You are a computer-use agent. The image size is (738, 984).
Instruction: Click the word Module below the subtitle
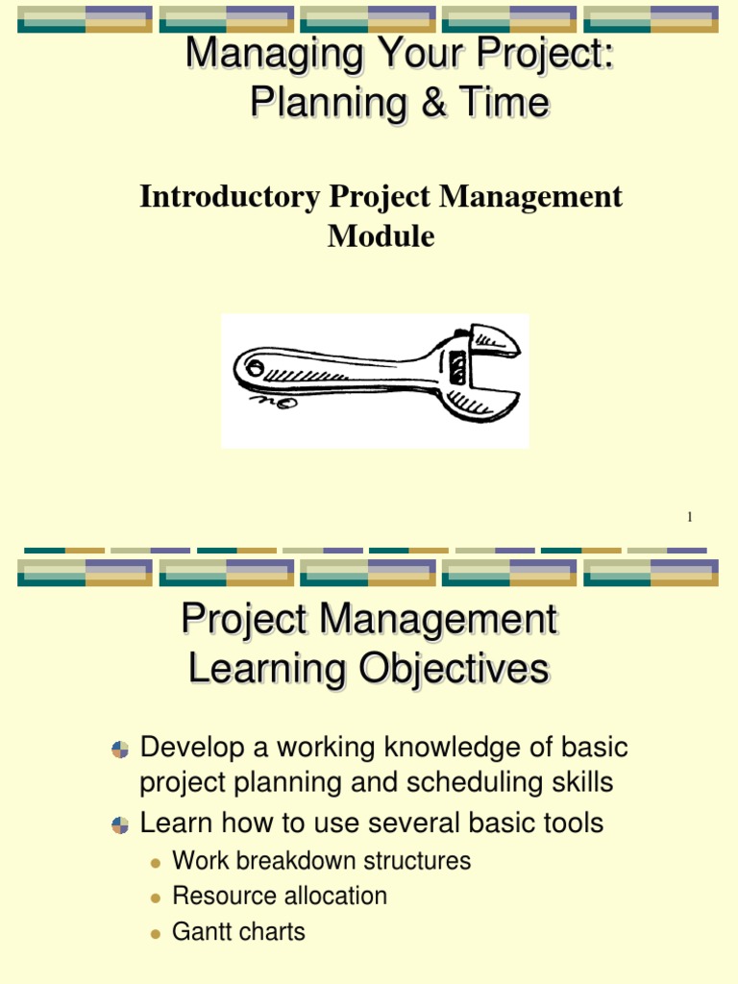[381, 236]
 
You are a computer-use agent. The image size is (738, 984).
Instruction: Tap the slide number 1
[689, 518]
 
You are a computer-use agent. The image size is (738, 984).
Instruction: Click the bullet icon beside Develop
[120, 750]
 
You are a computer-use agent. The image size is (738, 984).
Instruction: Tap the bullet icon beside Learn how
[120, 824]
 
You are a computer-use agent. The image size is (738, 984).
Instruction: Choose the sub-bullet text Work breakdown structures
[321, 861]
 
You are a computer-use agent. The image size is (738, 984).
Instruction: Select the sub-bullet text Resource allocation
[279, 897]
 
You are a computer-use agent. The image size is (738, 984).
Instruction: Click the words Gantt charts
[238, 932]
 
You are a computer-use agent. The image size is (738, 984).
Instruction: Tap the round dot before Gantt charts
[156, 933]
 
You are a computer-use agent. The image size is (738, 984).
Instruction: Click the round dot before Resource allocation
[156, 898]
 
